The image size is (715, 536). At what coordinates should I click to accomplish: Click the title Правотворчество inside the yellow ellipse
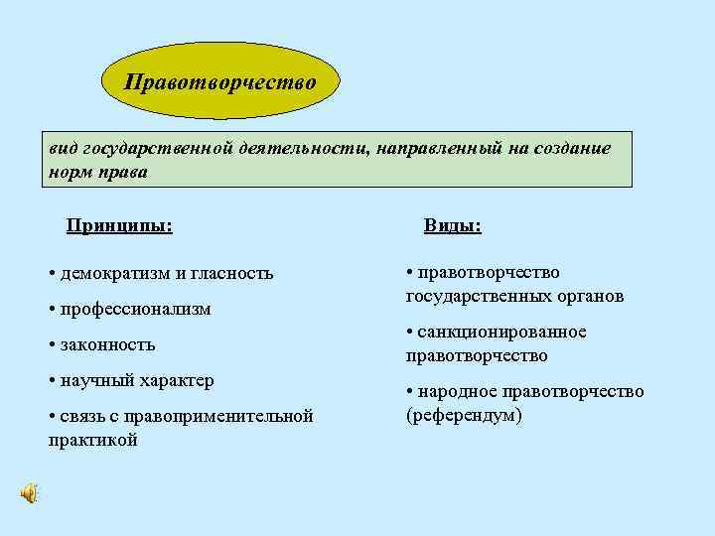click(x=220, y=80)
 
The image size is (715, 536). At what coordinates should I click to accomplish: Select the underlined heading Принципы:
click(x=119, y=225)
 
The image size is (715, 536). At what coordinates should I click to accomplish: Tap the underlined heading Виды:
click(x=453, y=225)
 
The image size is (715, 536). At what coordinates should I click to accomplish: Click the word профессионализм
click(x=135, y=309)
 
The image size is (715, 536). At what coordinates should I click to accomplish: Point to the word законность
click(x=107, y=344)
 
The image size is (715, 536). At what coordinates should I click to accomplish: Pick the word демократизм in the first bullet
click(x=112, y=273)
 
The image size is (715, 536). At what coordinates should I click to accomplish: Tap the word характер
click(x=176, y=380)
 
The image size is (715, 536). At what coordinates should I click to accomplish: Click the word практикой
click(x=92, y=439)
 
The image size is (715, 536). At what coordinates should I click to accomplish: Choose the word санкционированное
click(x=501, y=332)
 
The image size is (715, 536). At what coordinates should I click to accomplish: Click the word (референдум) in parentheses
click(x=464, y=414)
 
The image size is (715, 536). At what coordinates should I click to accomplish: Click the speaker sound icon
click(x=30, y=493)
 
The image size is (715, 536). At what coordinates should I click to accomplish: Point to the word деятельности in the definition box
click(x=305, y=148)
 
